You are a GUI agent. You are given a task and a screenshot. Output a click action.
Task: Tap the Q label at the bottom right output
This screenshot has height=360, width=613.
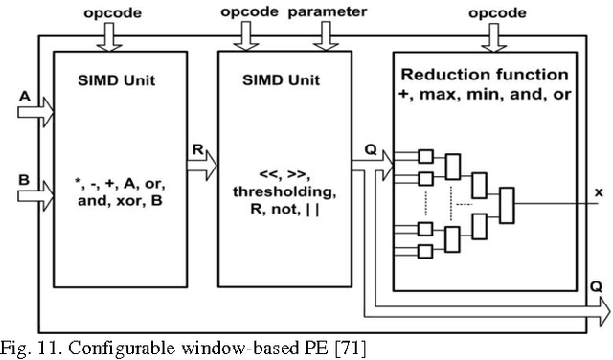(596, 285)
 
